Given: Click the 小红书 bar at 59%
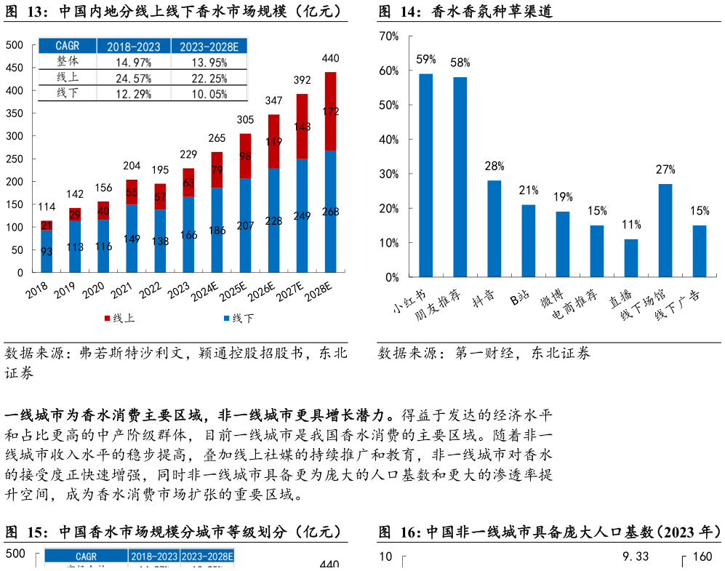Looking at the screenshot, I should coord(426,175).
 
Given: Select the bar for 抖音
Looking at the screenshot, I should coord(494,228).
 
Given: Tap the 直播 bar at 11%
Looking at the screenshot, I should coord(631,258).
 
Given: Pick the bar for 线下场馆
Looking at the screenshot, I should coord(665,231).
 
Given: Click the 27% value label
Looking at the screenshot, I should coord(665,169).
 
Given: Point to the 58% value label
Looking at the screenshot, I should coord(460,63).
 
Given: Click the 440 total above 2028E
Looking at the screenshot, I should coord(330,58).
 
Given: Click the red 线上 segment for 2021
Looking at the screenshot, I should coord(132,192).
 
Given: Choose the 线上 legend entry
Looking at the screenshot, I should coord(119,318).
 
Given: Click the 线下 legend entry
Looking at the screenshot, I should coord(239,318).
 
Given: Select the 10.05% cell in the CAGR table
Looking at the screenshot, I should coord(208,93).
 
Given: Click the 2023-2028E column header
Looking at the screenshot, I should coord(208,47).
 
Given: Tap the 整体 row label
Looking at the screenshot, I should coord(67,62).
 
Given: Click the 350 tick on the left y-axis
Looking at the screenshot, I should coord(15,113).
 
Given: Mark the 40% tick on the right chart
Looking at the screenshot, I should coord(389,140).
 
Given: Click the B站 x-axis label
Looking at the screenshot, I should coord(520,298).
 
